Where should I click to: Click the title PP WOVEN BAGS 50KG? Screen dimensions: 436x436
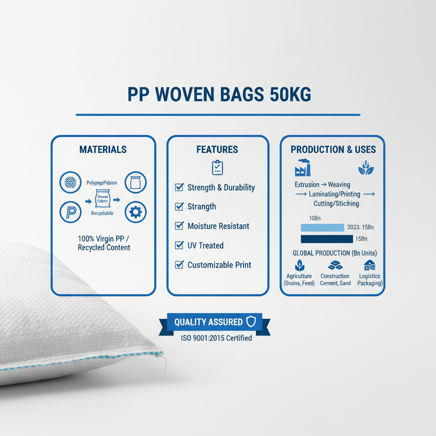(219, 95)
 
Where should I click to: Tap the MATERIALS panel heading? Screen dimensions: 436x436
(103, 149)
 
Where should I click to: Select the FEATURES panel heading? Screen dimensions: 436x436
(217, 149)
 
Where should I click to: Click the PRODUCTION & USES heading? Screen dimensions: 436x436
(333, 149)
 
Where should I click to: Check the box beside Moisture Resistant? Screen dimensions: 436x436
(179, 226)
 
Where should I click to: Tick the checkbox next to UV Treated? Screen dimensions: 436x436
(179, 245)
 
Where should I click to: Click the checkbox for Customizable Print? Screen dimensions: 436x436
(179, 264)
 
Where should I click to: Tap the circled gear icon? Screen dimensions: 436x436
(135, 212)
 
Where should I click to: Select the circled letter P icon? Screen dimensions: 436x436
(70, 212)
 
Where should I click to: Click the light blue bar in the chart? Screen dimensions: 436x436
(322, 227)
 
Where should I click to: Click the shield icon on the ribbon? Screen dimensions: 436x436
(251, 322)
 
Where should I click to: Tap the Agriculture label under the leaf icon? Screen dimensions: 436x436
(299, 276)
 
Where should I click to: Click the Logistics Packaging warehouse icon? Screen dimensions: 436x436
(369, 265)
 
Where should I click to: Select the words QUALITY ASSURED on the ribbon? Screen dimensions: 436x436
(208, 322)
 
